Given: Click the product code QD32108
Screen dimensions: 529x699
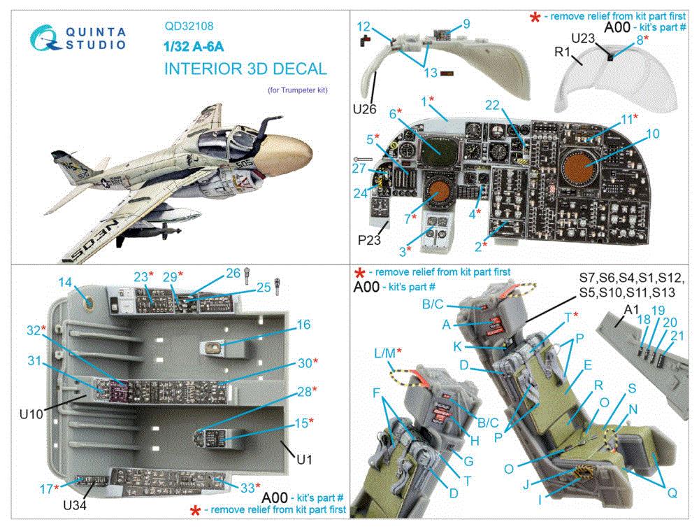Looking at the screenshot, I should click(190, 28).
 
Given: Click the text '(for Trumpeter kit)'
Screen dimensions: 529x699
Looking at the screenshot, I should click(297, 90).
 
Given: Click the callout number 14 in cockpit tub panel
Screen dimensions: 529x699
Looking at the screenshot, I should click(65, 282).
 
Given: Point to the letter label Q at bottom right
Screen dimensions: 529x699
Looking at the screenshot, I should click(672, 493).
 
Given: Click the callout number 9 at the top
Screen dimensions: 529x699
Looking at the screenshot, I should click(465, 24).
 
